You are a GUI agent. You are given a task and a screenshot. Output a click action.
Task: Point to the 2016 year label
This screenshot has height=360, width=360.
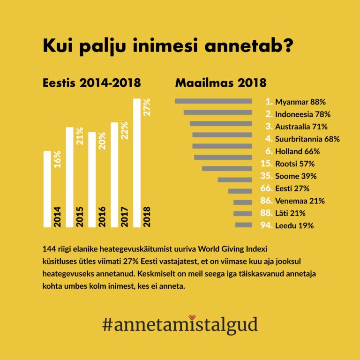[x=102, y=217]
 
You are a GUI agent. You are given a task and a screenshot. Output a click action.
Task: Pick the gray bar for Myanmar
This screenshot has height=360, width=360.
[x=213, y=101]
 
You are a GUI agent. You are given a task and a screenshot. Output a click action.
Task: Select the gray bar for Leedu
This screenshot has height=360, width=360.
[x=244, y=225]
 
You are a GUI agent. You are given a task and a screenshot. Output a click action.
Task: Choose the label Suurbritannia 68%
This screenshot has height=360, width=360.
[x=307, y=139]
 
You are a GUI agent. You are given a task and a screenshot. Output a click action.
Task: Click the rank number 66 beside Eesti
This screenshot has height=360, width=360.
[x=266, y=189]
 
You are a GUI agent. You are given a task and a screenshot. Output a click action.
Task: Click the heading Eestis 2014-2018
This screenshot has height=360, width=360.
[x=92, y=83]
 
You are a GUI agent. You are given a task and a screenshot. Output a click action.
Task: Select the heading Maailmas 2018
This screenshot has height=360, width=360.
[x=221, y=83]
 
